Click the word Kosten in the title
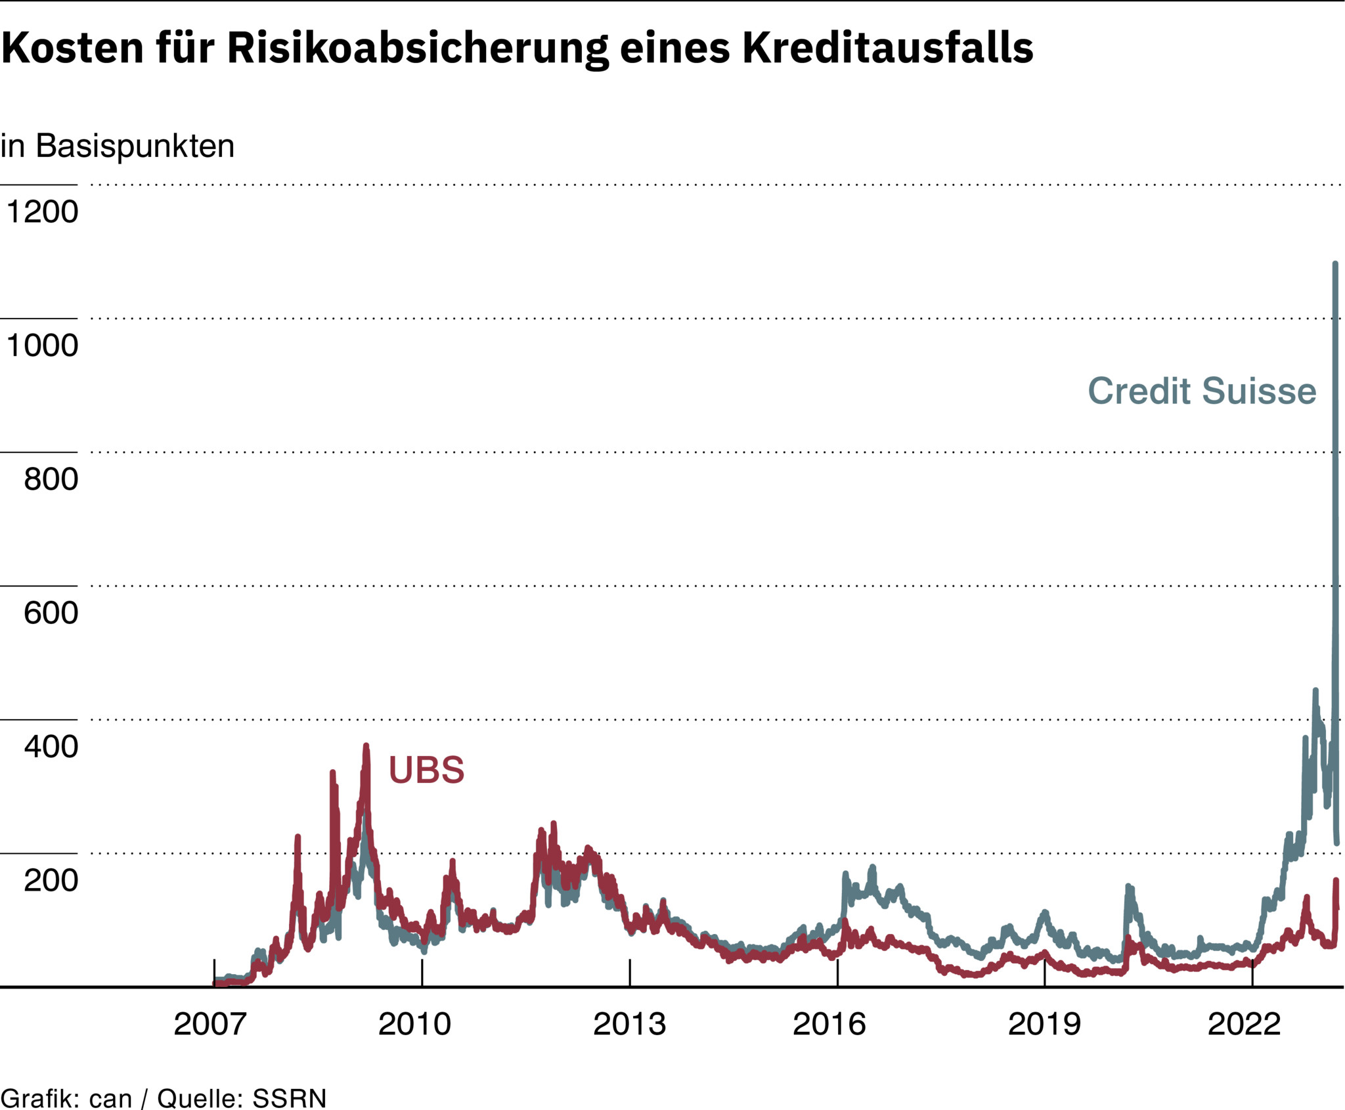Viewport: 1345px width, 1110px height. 72,48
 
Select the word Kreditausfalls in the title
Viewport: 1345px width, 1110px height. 888,48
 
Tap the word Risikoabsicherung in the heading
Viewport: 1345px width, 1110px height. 418,49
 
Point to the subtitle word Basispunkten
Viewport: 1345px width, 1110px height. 135,146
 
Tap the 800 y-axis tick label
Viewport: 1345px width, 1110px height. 51,479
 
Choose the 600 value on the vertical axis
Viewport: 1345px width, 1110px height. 51,613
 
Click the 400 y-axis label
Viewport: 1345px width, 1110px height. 51,747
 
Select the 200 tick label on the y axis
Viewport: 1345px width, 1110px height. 51,880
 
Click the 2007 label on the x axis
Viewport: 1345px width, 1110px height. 210,1024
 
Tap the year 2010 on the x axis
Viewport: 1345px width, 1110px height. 415,1024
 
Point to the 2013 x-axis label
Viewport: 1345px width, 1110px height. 629,1024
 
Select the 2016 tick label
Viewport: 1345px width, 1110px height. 829,1024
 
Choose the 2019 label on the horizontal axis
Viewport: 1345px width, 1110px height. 1044,1024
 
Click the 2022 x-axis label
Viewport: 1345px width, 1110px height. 1245,1024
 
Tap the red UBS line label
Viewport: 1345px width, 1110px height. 426,770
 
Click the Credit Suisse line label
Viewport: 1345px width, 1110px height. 1202,391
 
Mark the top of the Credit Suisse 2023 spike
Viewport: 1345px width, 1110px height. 1335,264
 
